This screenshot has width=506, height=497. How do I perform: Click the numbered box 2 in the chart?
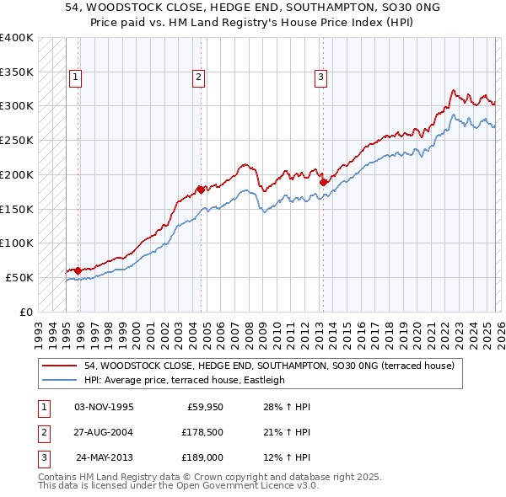pos(198,77)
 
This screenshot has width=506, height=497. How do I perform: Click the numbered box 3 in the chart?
pos(321,77)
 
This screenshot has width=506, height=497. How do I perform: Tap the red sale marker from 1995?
pos(78,270)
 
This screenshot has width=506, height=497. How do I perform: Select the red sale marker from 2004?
pos(201,190)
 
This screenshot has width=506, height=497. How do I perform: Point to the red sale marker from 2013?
pos(323,181)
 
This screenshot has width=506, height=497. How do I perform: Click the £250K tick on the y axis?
pos(16,141)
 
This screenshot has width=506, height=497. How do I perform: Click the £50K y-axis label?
pos(19,277)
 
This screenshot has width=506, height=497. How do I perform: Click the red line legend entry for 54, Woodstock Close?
pos(269,366)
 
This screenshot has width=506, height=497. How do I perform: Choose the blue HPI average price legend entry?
pos(185,380)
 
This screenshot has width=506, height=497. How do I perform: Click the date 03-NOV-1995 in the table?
pos(104,407)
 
